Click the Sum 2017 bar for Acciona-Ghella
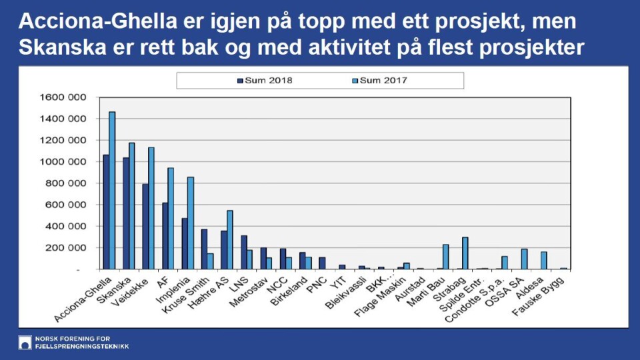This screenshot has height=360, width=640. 112,191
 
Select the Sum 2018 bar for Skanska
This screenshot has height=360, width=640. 125,213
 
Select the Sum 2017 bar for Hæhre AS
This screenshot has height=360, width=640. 230,240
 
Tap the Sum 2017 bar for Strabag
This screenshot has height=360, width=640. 465,253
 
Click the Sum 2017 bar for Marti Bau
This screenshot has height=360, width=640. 445,257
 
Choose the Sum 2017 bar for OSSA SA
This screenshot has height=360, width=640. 524,259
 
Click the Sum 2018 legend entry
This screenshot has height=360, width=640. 265,81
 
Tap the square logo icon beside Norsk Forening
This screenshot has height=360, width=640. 25,342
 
